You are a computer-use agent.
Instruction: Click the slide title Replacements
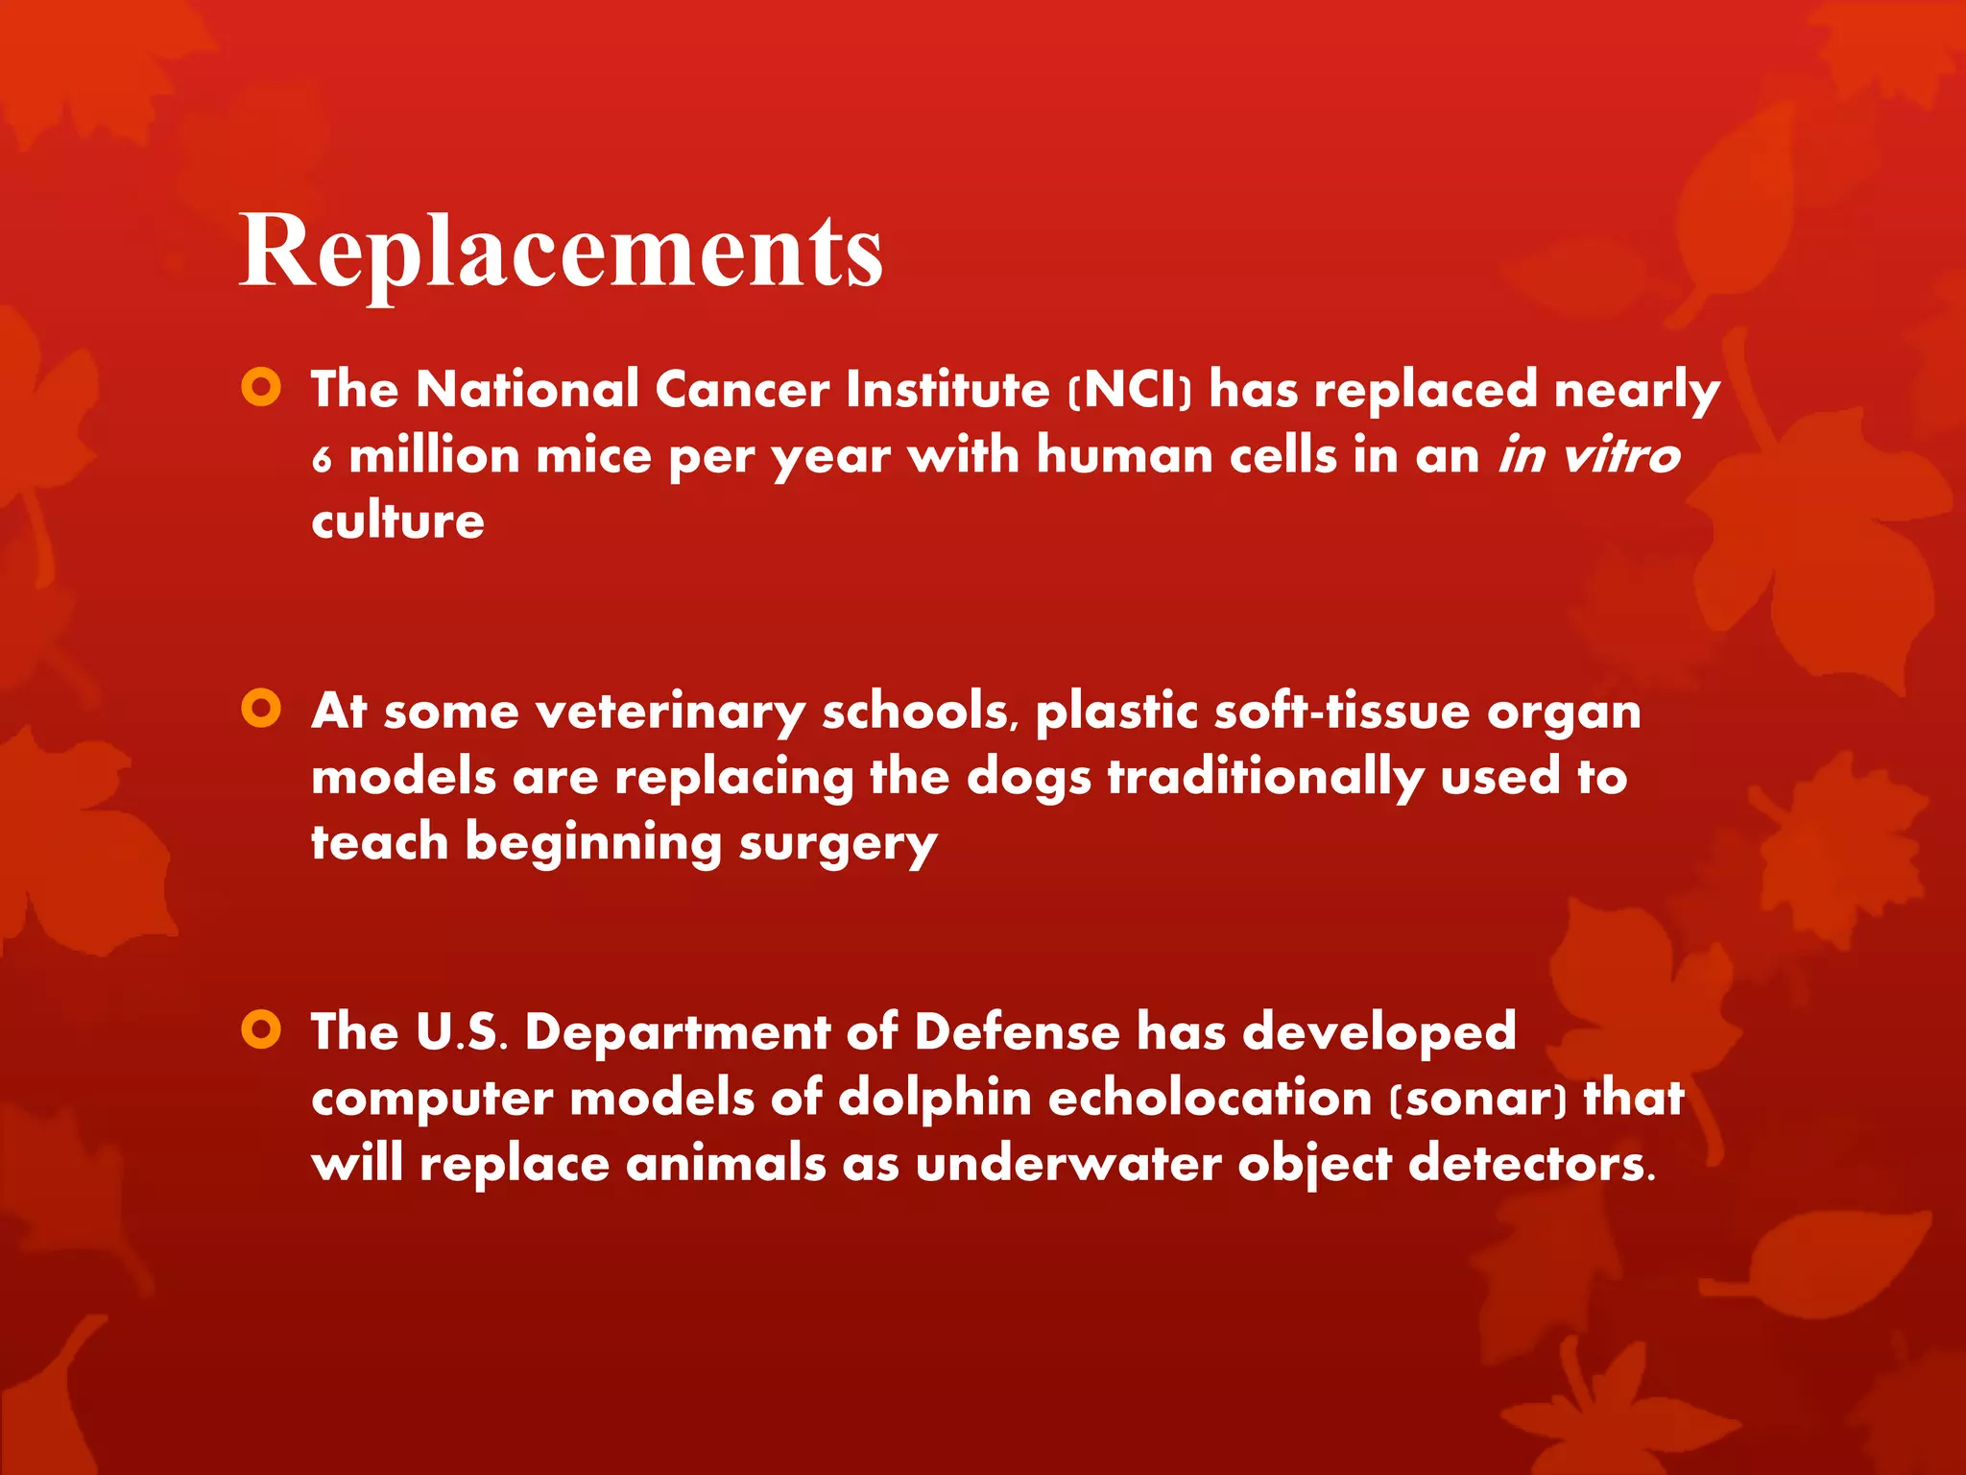(x=561, y=252)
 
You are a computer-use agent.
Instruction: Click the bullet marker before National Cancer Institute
(x=261, y=388)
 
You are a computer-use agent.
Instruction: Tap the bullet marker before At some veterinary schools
(x=261, y=709)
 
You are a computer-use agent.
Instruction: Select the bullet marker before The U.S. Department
(x=261, y=1029)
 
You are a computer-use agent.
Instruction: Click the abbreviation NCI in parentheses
(x=1131, y=390)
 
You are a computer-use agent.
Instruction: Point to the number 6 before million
(x=322, y=459)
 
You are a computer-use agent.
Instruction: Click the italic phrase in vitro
(x=1589, y=455)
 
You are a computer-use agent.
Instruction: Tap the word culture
(x=397, y=521)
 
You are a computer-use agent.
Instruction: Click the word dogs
(x=1028, y=778)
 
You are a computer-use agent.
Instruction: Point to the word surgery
(x=837, y=845)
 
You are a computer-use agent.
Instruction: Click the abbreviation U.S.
(x=461, y=1032)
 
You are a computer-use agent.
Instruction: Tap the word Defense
(x=1017, y=1032)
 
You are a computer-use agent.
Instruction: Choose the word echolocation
(x=1210, y=1098)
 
